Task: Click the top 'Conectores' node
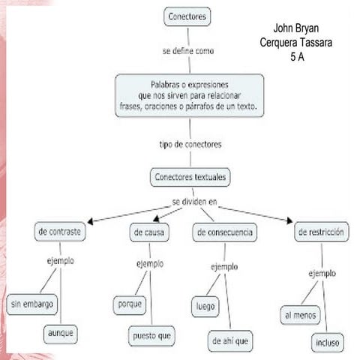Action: [x=187, y=16]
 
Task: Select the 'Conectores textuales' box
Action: [x=190, y=177]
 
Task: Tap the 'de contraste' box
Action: [x=60, y=232]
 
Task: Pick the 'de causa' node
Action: [x=149, y=232]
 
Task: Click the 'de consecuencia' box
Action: [x=225, y=232]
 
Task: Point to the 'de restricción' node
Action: [x=322, y=232]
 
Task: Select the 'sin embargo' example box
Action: [x=32, y=304]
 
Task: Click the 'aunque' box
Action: [x=61, y=334]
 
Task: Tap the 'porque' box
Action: [x=130, y=305]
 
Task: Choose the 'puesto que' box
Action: [x=151, y=336]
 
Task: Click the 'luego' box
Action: [x=205, y=307]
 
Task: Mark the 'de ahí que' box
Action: [x=230, y=341]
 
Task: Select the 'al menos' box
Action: [x=301, y=315]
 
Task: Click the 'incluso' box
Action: [x=328, y=343]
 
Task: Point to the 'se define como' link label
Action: [x=188, y=51]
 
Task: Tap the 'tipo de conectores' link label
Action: [x=190, y=145]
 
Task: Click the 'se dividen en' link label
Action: [x=194, y=202]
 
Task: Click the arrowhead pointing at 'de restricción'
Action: [x=289, y=220]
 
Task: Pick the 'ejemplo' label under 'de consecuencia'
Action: [x=224, y=267]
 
